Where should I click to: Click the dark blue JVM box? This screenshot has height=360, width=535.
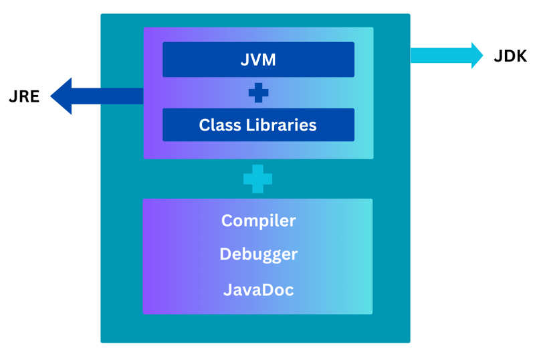pyautogui.click(x=258, y=60)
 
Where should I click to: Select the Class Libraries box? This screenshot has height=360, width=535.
pyautogui.click(x=258, y=125)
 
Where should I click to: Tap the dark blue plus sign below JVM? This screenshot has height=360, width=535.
pyautogui.click(x=258, y=93)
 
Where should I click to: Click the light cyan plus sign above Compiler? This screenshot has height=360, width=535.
pyautogui.click(x=257, y=179)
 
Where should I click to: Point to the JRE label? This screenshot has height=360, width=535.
pyautogui.click(x=24, y=96)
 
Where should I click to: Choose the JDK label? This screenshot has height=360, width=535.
pyautogui.click(x=510, y=56)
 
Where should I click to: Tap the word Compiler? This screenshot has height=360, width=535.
pyautogui.click(x=258, y=221)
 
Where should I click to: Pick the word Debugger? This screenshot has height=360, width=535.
pyautogui.click(x=258, y=255)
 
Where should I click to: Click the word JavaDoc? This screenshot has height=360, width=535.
pyautogui.click(x=258, y=290)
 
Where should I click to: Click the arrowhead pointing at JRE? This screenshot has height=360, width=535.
pyautogui.click(x=62, y=96)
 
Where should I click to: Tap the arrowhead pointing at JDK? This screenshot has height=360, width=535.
pyautogui.click(x=476, y=56)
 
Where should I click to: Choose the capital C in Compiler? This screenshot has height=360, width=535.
pyautogui.click(x=227, y=221)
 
